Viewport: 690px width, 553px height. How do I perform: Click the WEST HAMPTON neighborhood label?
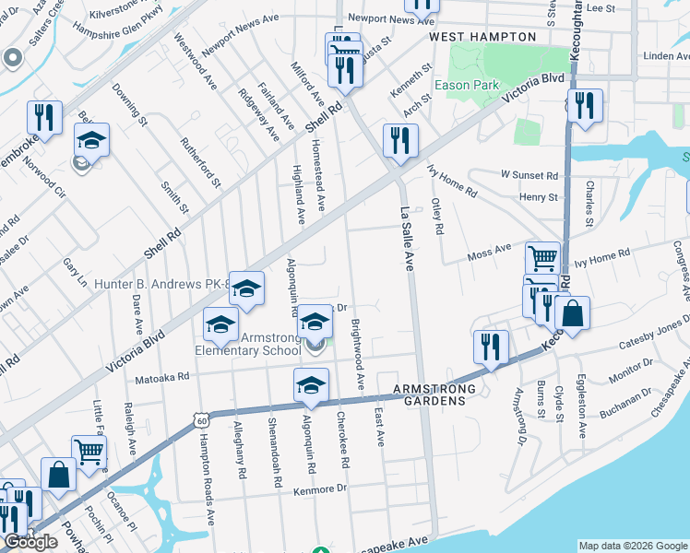(482, 36)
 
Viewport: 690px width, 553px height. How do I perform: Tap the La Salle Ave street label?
(406, 238)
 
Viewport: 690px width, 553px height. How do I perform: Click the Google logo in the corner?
(30, 542)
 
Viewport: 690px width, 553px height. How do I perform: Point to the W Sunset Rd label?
(529, 174)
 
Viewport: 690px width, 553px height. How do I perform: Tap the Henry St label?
(539, 197)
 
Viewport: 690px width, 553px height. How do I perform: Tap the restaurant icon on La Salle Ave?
(399, 141)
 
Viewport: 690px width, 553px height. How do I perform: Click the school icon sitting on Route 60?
(311, 385)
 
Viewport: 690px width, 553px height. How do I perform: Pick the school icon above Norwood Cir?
(91, 140)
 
